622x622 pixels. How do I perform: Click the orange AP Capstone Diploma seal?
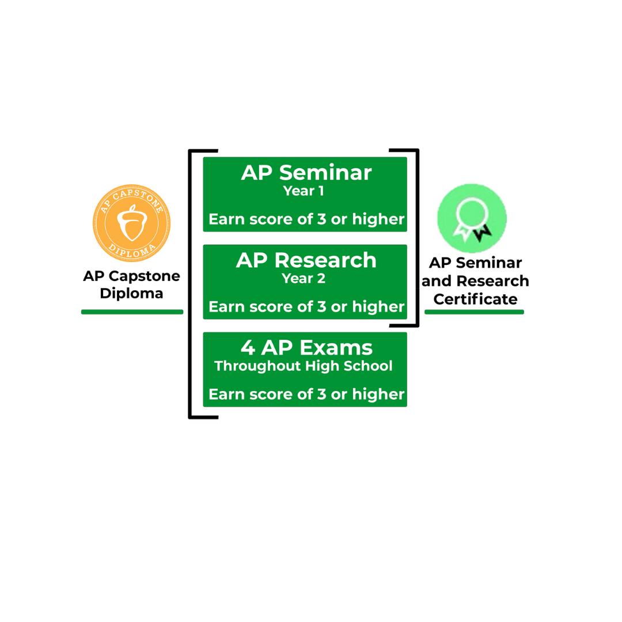point(131,223)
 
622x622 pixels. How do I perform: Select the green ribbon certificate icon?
point(472,218)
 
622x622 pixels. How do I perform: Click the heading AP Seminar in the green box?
point(306,173)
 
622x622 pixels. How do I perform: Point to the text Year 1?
point(304,191)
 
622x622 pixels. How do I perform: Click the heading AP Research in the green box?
point(306,260)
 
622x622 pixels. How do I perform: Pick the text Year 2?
point(304,279)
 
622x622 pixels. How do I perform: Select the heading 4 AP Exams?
point(306,348)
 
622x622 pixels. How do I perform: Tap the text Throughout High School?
point(304,366)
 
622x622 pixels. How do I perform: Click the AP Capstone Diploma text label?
point(131,285)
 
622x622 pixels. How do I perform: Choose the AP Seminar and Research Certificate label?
point(475,281)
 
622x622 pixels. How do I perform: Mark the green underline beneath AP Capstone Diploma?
point(132,312)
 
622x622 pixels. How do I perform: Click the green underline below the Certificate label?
point(474,312)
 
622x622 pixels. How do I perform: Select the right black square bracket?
point(416,238)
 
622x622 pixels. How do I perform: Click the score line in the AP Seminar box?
point(306,219)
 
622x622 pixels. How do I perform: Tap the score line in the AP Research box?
point(306,307)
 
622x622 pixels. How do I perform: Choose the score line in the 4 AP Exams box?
point(306,395)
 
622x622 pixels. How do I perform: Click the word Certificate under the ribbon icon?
point(475,299)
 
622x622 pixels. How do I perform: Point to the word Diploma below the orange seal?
point(131,293)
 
